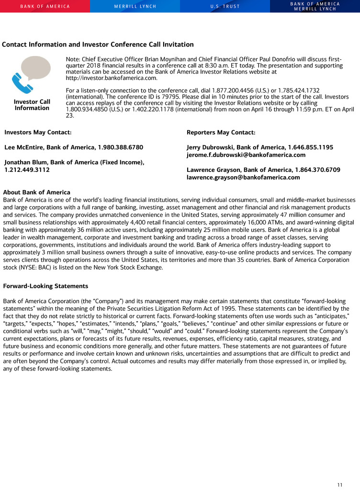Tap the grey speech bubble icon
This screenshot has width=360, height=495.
[x=35, y=70]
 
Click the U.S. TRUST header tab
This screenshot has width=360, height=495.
[x=225, y=6]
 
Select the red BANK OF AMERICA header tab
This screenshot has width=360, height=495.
[x=45, y=6]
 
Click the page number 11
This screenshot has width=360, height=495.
[x=340, y=485]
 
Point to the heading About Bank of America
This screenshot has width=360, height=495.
[x=36, y=192]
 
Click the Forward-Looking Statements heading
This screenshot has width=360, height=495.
[x=45, y=286]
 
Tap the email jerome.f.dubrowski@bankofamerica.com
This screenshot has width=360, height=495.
[x=246, y=155]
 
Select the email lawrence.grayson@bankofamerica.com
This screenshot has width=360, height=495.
[x=243, y=177]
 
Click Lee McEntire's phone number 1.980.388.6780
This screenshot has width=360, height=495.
[x=119, y=147]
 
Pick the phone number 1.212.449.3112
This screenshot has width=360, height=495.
[x=27, y=169]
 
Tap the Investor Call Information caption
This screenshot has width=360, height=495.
[x=32, y=105]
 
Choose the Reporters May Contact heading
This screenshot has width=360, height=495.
[x=221, y=132]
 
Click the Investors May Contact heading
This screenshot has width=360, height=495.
[x=38, y=132]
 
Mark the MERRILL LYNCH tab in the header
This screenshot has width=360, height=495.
[x=135, y=6]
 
